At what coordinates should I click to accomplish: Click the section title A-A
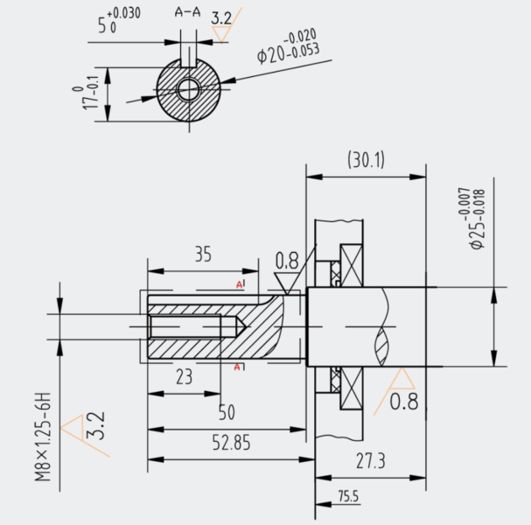click(187, 12)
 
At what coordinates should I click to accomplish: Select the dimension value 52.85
click(231, 443)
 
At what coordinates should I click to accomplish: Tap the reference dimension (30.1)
click(366, 160)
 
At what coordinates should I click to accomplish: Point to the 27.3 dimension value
click(371, 461)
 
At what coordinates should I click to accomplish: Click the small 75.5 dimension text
click(348, 496)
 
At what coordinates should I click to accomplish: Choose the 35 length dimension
click(203, 254)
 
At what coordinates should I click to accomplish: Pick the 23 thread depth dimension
click(185, 376)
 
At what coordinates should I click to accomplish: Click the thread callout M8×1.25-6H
click(43, 437)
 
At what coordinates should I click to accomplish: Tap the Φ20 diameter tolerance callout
click(288, 46)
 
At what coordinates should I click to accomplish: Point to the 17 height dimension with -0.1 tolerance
click(87, 94)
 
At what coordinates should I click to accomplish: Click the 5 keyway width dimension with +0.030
click(119, 21)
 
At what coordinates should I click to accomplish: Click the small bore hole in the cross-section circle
click(189, 89)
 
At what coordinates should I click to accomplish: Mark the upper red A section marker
click(240, 284)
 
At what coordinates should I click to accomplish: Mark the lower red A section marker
click(238, 367)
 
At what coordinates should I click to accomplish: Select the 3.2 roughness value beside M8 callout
click(97, 426)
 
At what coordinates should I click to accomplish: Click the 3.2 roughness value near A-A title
click(221, 18)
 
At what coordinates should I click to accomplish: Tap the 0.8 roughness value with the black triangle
click(287, 261)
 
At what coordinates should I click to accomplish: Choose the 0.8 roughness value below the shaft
click(404, 402)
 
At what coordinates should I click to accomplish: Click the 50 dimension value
click(227, 412)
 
